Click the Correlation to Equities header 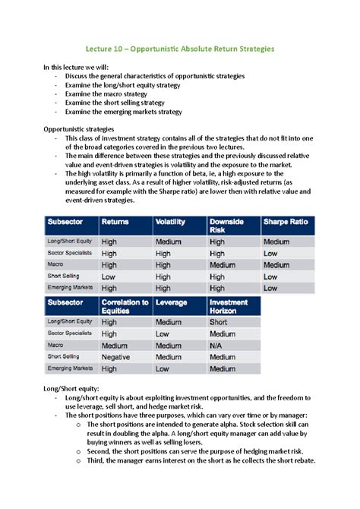125,305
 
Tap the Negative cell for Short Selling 118,356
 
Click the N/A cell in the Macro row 219,345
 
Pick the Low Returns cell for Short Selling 109,277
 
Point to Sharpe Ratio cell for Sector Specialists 270,253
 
